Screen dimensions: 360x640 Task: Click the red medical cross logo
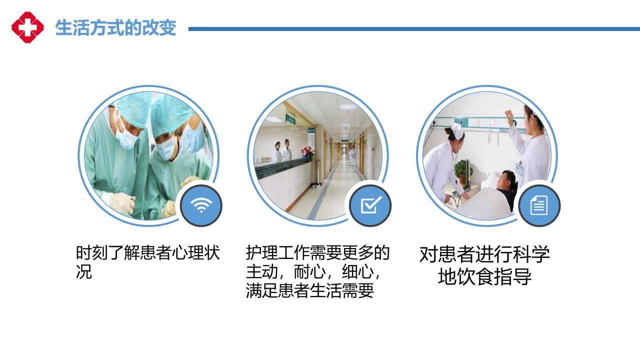(27, 27)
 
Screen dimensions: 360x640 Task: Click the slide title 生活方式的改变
(115, 28)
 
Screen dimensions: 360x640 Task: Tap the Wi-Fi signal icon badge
(200, 205)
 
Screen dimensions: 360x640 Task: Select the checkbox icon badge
(370, 205)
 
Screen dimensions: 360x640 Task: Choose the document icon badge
(539, 205)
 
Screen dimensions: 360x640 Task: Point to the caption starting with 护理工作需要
(317, 272)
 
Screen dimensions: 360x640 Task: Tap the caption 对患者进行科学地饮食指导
(484, 265)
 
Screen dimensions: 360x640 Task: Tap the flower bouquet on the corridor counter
(307, 151)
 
